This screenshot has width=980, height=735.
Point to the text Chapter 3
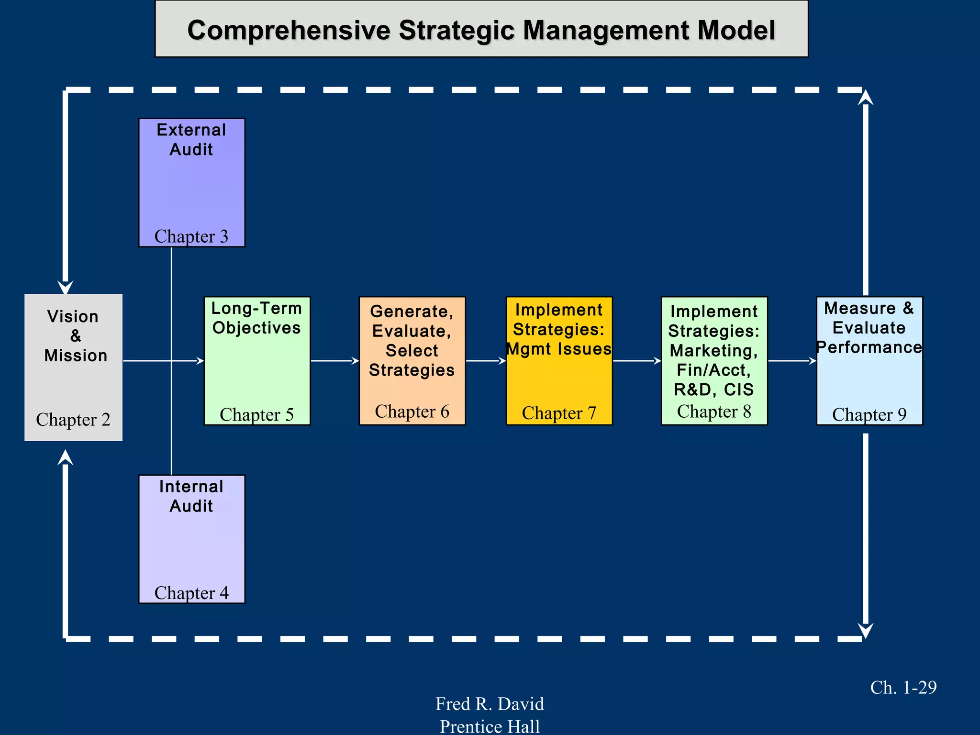[191, 236]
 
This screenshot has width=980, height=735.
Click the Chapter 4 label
[191, 593]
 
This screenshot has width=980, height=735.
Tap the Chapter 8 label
[714, 412]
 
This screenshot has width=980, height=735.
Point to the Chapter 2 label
[73, 420]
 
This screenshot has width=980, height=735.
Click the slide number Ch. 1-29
[903, 688]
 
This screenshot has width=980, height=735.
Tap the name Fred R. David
[490, 704]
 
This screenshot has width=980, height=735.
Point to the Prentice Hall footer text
[490, 726]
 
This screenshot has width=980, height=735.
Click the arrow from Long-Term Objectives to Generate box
[335, 361]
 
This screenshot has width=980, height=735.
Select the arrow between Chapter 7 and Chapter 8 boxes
[637, 361]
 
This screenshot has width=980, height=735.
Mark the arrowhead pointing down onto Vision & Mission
[66, 287]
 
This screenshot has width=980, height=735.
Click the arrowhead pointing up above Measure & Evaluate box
[865, 97]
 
